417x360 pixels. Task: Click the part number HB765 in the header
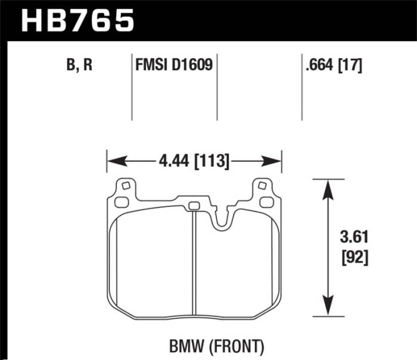coord(77,21)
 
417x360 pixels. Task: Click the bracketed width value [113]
coord(211,161)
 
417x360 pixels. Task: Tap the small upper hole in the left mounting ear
coord(125,186)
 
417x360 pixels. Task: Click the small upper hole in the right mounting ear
coord(261,186)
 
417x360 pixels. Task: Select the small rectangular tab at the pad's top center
coord(193,207)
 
